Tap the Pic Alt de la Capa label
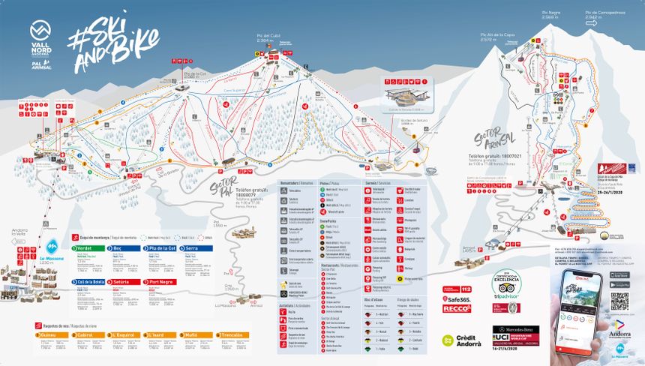[498, 35]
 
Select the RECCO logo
[457, 308]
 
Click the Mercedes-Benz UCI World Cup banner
[518, 333]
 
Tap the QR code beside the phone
[618, 301]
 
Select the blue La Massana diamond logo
[52, 247]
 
